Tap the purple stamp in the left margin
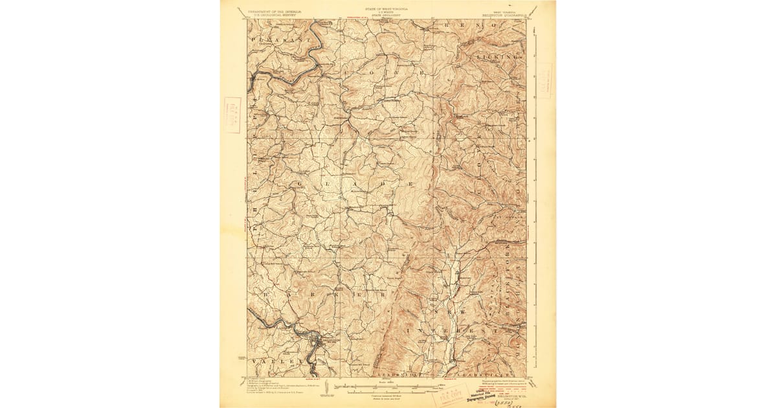(232, 115)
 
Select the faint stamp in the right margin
(544, 80)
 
